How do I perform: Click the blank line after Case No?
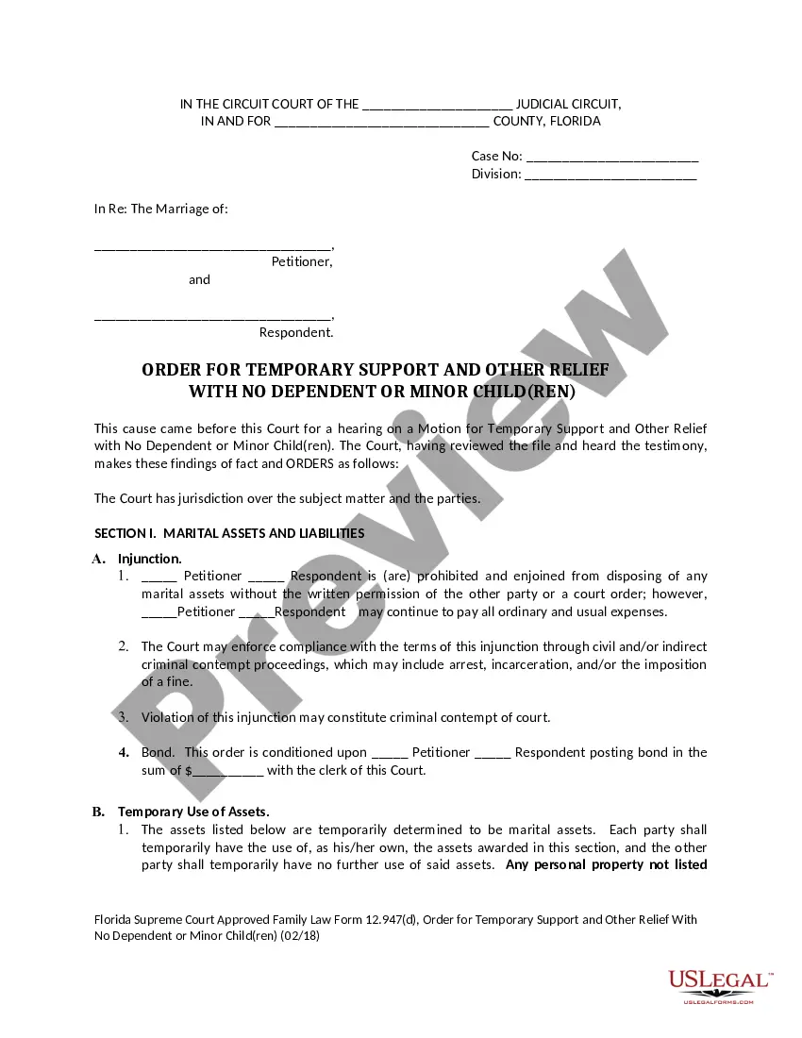[611, 158]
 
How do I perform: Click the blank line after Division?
[610, 176]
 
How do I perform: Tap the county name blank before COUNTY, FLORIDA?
[381, 123]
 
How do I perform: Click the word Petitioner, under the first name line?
[302, 261]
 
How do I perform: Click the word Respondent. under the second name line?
[296, 332]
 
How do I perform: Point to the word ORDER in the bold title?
[173, 370]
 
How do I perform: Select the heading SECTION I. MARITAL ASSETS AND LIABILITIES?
[229, 533]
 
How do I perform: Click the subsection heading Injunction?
[150, 559]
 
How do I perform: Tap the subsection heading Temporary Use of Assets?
[193, 812]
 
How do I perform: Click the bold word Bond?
[159, 752]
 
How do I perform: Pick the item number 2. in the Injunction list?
[124, 646]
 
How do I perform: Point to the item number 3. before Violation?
[124, 717]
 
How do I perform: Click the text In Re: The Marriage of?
[161, 209]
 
